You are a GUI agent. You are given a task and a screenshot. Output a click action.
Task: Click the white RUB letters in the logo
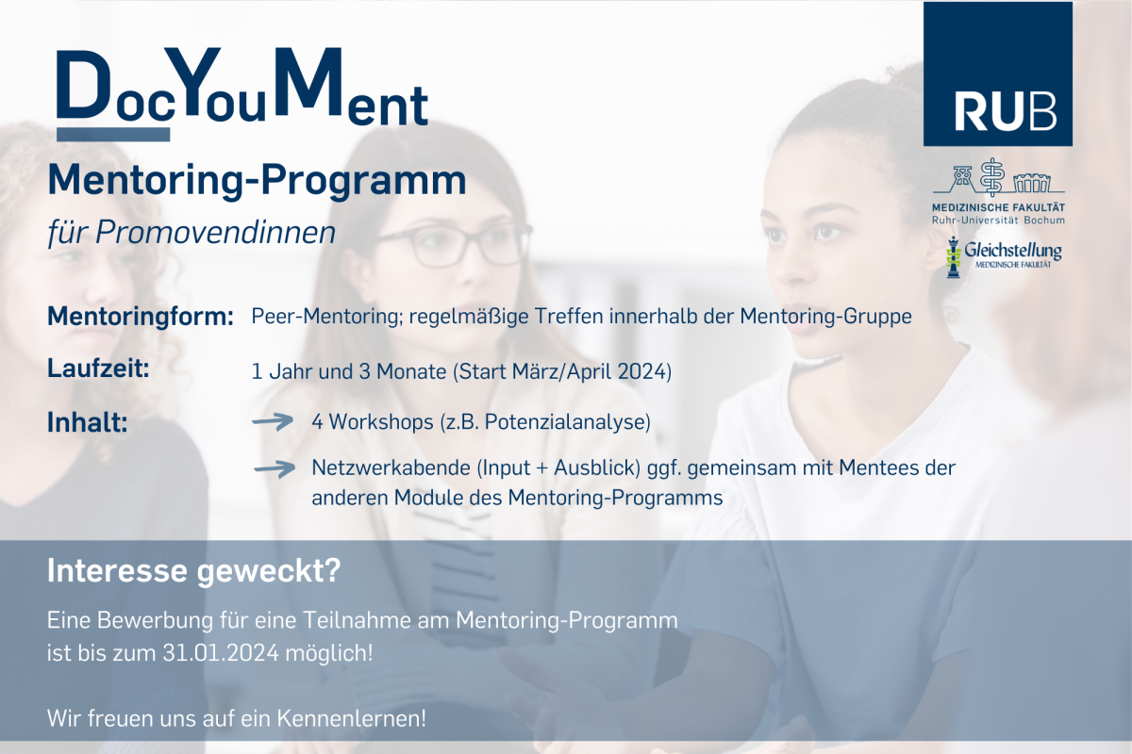[x=1006, y=111]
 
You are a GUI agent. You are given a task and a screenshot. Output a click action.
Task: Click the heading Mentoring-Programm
[x=257, y=181]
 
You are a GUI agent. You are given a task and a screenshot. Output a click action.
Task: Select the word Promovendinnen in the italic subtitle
[x=215, y=233]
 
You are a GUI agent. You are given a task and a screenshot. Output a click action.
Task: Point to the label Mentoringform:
[x=141, y=318]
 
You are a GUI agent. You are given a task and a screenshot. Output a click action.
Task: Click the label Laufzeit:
[x=98, y=369]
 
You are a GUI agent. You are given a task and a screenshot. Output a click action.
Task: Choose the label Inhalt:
[x=88, y=422]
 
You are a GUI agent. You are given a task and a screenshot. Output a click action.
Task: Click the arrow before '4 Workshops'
[x=273, y=421]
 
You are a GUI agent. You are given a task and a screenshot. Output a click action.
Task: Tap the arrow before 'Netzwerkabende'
[x=275, y=469]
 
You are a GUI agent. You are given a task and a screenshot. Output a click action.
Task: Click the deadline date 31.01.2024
[x=221, y=653]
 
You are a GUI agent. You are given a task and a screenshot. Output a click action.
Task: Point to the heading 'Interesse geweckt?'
[x=194, y=570]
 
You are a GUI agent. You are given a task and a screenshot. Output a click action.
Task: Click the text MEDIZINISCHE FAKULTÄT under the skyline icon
[x=999, y=207]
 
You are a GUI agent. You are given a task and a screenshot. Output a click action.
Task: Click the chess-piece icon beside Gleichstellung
[x=953, y=257]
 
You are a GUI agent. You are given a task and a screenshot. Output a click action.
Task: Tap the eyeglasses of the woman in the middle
[x=450, y=246]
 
